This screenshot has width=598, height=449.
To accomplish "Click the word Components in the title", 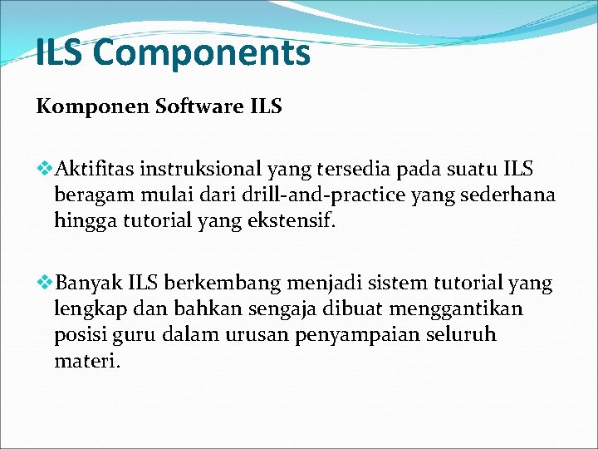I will tap(202, 54).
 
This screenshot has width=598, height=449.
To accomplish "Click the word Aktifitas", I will tap(95, 170).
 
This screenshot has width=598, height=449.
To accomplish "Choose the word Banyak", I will tap(86, 284).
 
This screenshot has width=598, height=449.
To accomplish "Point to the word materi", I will tap(86, 362).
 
